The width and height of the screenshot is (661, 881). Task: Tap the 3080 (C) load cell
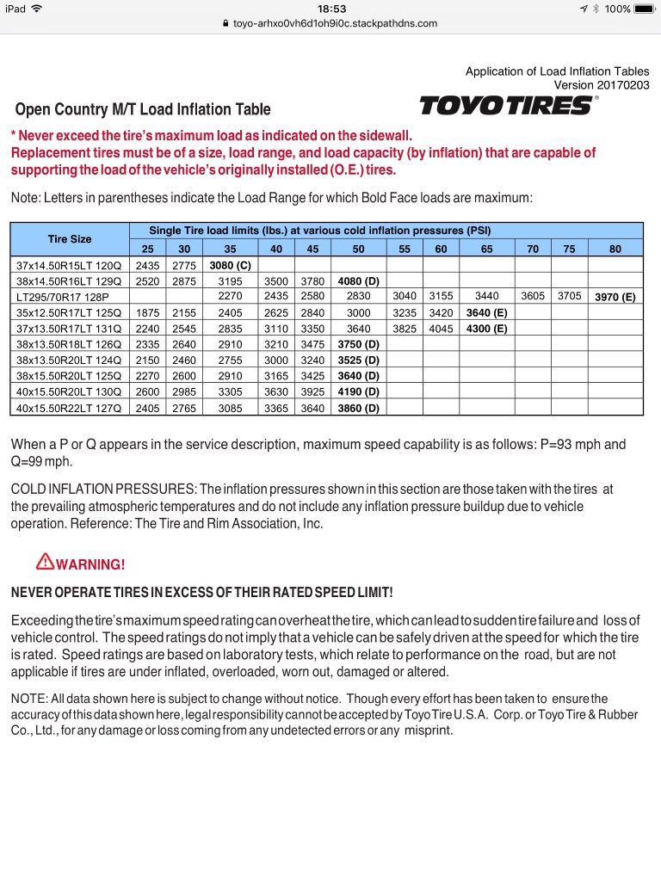[x=231, y=265]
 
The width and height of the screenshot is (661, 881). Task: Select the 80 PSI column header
[x=615, y=249]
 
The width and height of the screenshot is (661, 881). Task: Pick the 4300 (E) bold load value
[x=486, y=329]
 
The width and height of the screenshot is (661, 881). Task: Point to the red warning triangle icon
[x=45, y=563]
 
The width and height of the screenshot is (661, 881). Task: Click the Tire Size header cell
[x=69, y=238]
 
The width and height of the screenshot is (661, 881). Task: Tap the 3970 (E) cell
[x=615, y=298]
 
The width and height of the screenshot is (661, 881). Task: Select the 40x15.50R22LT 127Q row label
[x=69, y=408]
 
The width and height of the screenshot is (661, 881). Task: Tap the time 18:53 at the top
[x=331, y=9]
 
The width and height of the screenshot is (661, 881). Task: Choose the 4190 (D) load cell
[x=358, y=392]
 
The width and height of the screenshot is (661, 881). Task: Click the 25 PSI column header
[x=147, y=249]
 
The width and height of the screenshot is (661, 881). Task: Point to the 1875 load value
[x=147, y=313]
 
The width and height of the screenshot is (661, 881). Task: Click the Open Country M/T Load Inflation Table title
[x=143, y=109]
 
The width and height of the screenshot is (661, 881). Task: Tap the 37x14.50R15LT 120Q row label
[x=69, y=265]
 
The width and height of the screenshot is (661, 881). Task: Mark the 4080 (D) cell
[x=358, y=281]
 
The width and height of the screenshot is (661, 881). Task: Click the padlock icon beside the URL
[x=225, y=24]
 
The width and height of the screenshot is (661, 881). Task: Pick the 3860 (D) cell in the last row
[x=358, y=408]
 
